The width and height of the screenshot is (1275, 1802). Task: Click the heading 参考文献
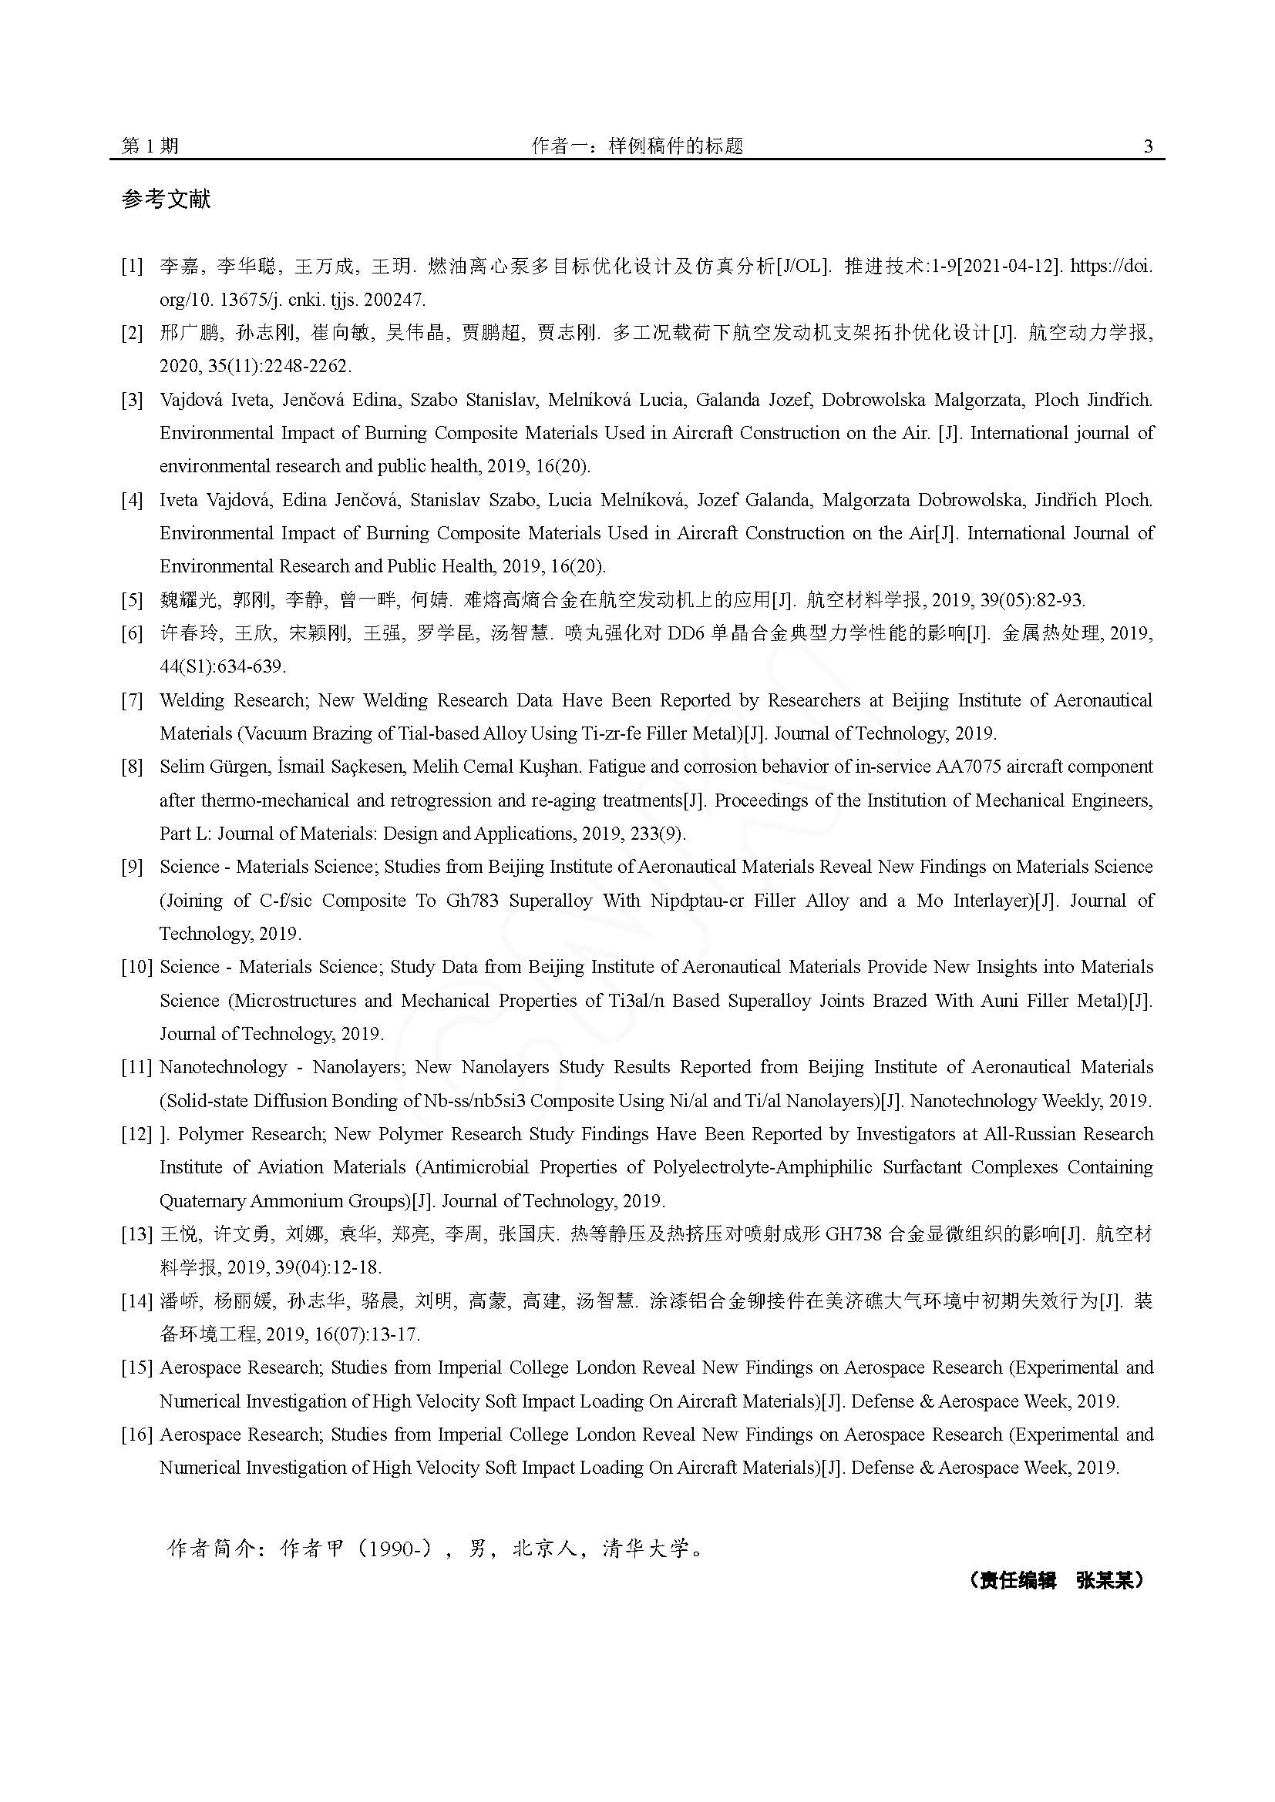(x=166, y=200)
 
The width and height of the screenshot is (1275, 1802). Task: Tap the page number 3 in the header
(x=1148, y=146)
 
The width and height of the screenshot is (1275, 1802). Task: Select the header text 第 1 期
(x=150, y=146)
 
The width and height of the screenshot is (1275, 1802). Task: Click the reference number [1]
(x=132, y=266)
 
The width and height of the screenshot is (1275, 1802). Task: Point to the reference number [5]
(x=132, y=600)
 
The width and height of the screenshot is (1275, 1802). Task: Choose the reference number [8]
(x=132, y=767)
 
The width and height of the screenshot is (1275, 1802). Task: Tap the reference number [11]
(x=136, y=1067)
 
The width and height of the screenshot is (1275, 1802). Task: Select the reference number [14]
(x=136, y=1301)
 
